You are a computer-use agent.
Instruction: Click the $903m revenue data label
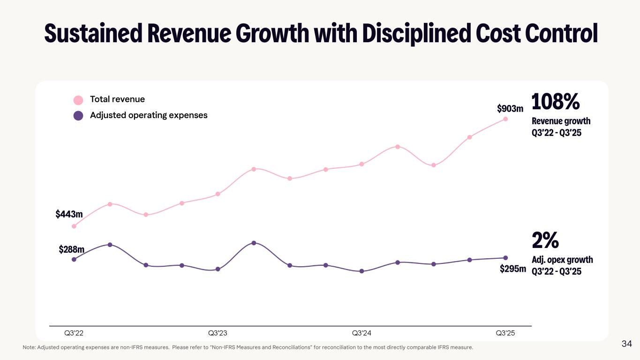(510, 109)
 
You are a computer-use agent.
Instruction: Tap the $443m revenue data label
(69, 214)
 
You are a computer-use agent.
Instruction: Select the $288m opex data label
(71, 249)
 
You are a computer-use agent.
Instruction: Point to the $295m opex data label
(512, 269)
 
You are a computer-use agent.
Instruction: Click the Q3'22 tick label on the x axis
(74, 333)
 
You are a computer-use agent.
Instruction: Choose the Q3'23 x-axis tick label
(218, 333)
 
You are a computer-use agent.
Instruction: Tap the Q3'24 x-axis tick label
(361, 333)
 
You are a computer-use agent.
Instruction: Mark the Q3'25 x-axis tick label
(505, 333)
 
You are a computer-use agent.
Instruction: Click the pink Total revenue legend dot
(78, 100)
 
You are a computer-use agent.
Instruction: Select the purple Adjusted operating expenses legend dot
(78, 115)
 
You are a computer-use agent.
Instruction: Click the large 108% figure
(556, 102)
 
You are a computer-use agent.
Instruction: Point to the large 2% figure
(545, 240)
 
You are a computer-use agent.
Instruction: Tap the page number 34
(627, 344)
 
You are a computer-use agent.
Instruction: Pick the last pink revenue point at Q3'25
(505, 119)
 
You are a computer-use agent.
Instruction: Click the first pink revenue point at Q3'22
(74, 226)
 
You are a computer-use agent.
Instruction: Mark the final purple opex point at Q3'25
(505, 258)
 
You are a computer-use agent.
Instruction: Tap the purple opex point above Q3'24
(361, 271)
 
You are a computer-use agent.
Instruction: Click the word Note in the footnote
(29, 347)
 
